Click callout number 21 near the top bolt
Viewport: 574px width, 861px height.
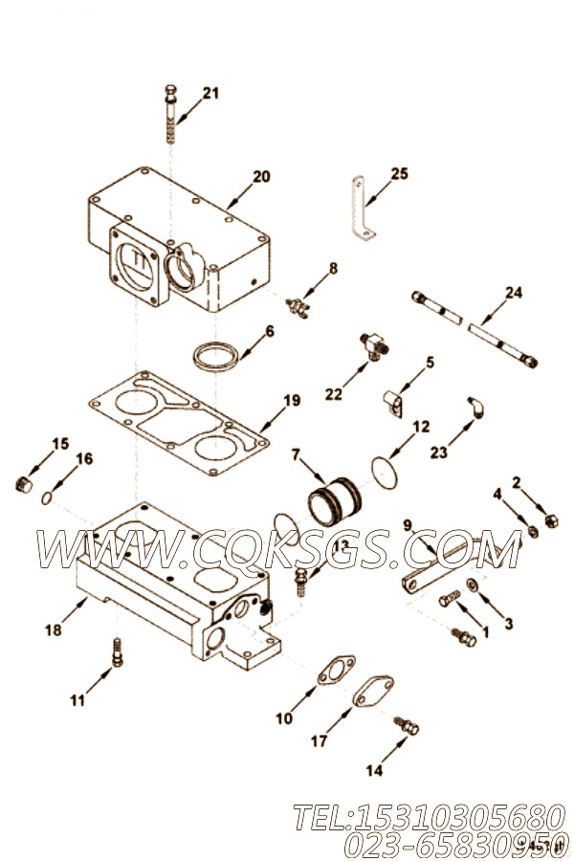coord(210,93)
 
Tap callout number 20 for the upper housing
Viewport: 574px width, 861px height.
coord(260,176)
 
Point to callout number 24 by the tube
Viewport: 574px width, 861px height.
coord(514,292)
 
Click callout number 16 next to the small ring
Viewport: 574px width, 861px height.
coord(84,458)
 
